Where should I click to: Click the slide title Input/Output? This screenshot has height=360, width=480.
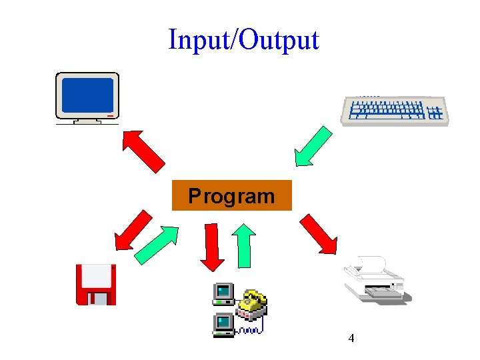(244, 40)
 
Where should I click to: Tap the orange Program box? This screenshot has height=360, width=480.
(231, 195)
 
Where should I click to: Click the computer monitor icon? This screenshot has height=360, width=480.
(87, 98)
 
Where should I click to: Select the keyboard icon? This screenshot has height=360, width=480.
(395, 110)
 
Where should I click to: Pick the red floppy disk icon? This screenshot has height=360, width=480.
(96, 285)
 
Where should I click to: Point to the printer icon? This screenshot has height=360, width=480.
(375, 281)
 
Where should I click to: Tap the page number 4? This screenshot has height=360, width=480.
(351, 339)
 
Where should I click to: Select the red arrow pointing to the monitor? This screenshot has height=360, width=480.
(143, 151)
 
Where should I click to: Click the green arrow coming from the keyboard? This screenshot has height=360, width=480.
(313, 146)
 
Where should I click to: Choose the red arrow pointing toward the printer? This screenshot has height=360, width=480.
(319, 233)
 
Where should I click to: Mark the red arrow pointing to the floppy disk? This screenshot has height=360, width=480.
(133, 230)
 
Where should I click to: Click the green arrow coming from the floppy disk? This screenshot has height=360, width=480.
(157, 245)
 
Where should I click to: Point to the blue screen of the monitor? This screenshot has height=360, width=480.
(87, 95)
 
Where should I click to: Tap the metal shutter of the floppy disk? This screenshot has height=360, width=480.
(98, 297)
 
